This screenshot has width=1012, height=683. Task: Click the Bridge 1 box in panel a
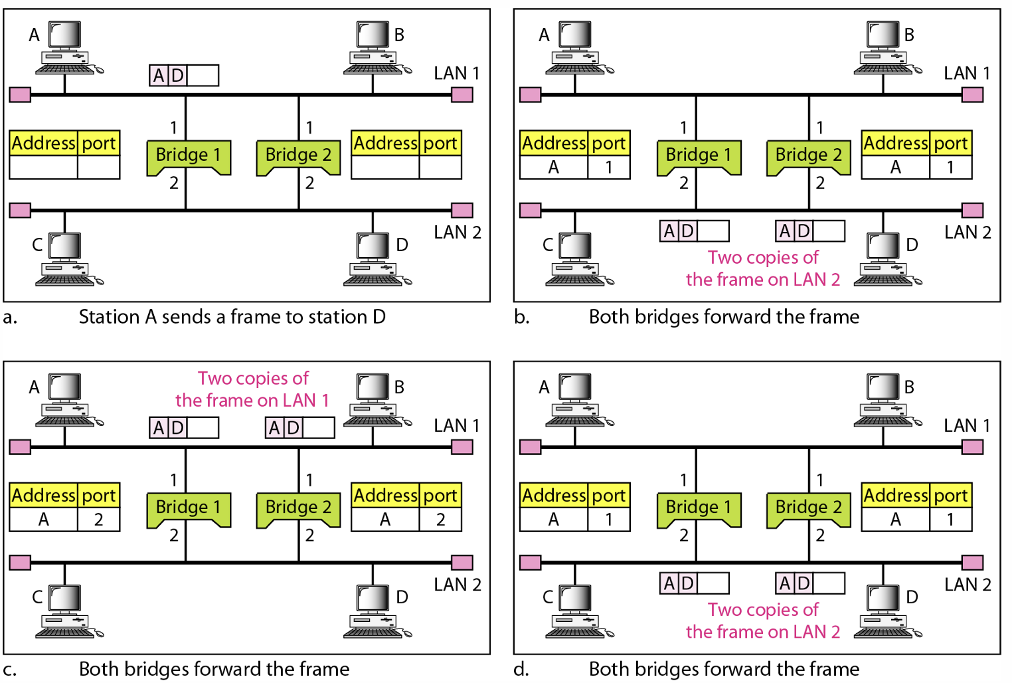click(188, 156)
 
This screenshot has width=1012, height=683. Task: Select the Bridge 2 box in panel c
click(298, 508)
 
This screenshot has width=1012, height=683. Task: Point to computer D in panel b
click(886, 260)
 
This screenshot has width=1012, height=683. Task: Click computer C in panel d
click(576, 612)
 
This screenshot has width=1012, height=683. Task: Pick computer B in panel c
click(373, 400)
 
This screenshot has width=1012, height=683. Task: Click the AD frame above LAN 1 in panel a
click(184, 76)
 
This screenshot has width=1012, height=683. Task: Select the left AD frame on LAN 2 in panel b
click(694, 231)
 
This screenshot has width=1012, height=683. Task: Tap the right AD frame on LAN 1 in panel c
click(299, 428)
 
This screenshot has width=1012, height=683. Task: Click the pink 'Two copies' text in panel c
click(252, 389)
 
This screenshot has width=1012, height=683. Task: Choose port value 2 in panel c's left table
click(98, 520)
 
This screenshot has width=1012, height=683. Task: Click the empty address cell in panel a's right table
click(384, 167)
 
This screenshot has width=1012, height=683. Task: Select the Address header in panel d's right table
click(895, 495)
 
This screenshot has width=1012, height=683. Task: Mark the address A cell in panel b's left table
click(553, 167)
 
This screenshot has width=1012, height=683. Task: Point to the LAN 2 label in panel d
click(967, 585)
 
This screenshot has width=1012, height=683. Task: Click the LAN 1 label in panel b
click(966, 73)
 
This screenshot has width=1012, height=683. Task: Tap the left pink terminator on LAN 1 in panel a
click(20, 95)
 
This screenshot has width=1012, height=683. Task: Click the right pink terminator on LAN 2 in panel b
click(972, 211)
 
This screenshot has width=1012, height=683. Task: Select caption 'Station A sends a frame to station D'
click(232, 317)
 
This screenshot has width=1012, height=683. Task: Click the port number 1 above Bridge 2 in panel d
click(819, 480)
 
